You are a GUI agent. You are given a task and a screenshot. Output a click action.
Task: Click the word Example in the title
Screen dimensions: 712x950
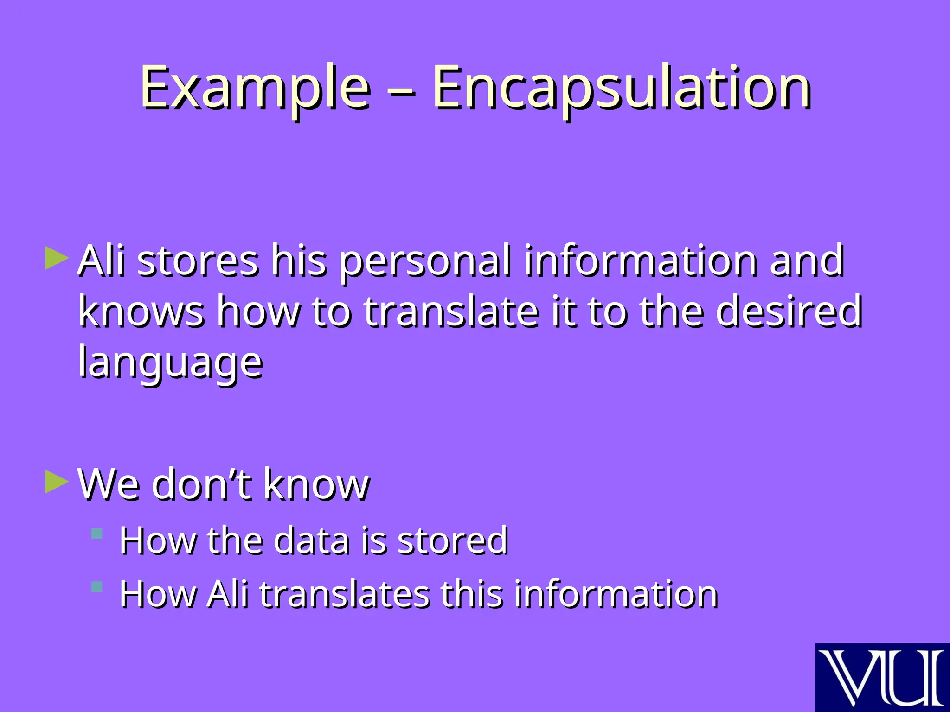pyautogui.click(x=255, y=88)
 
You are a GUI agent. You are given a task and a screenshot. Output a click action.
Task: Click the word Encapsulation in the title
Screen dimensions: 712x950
pyautogui.click(x=622, y=88)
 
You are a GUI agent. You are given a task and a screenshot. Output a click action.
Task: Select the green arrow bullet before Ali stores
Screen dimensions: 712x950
pyautogui.click(x=57, y=258)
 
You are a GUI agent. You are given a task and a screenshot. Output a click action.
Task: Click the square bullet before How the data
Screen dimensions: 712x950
pyautogui.click(x=97, y=534)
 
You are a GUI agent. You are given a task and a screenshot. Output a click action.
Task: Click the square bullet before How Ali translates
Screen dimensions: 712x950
pyautogui.click(x=97, y=587)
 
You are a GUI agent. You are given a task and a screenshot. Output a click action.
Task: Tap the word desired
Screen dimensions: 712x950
pyautogui.click(x=789, y=311)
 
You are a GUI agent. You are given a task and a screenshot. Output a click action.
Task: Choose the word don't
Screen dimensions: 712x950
pyautogui.click(x=201, y=484)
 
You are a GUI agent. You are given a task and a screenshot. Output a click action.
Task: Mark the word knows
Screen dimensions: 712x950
pyautogui.click(x=141, y=311)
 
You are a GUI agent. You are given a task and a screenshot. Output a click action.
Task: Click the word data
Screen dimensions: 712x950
pyautogui.click(x=311, y=540)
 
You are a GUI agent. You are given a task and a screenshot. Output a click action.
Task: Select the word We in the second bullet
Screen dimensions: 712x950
pyautogui.click(x=109, y=484)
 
